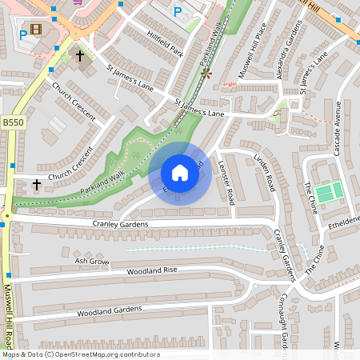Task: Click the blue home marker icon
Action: pyautogui.click(x=180, y=173)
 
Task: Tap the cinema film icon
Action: pyautogui.click(x=37, y=30)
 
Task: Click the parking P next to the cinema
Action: pyautogui.click(x=22, y=35)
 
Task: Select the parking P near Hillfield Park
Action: pyautogui.click(x=178, y=12)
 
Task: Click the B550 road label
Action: pyautogui.click(x=13, y=122)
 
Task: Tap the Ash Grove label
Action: pyautogui.click(x=91, y=261)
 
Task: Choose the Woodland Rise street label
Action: pyautogui.click(x=151, y=271)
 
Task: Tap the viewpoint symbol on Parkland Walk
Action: pyautogui.click(x=206, y=74)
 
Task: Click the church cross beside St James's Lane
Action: pyautogui.click(x=78, y=56)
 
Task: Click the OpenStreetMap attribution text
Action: pyautogui.click(x=80, y=354)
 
